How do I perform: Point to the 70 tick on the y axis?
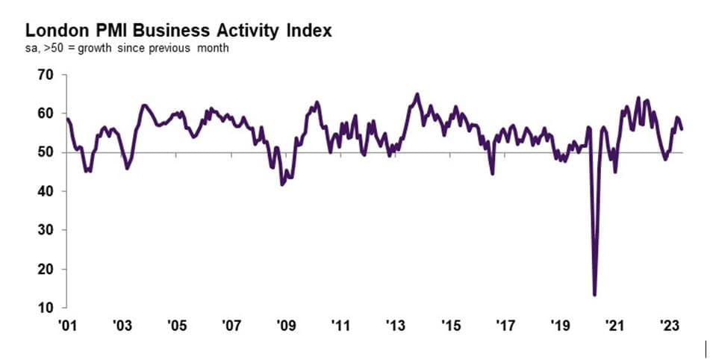click(46, 75)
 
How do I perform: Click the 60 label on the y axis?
click(46, 114)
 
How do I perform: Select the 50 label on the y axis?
click(46, 152)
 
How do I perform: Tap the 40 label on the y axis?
click(46, 191)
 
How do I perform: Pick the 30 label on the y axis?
click(46, 230)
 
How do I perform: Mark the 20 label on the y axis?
click(46, 269)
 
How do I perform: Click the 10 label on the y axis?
click(46, 308)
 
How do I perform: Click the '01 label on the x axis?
click(67, 326)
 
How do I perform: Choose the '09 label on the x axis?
click(285, 326)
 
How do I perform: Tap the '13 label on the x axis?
click(395, 326)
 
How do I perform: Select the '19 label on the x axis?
click(560, 326)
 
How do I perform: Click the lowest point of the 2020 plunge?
click(595, 294)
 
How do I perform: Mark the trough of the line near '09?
click(282, 184)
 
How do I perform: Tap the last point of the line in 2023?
click(682, 129)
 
